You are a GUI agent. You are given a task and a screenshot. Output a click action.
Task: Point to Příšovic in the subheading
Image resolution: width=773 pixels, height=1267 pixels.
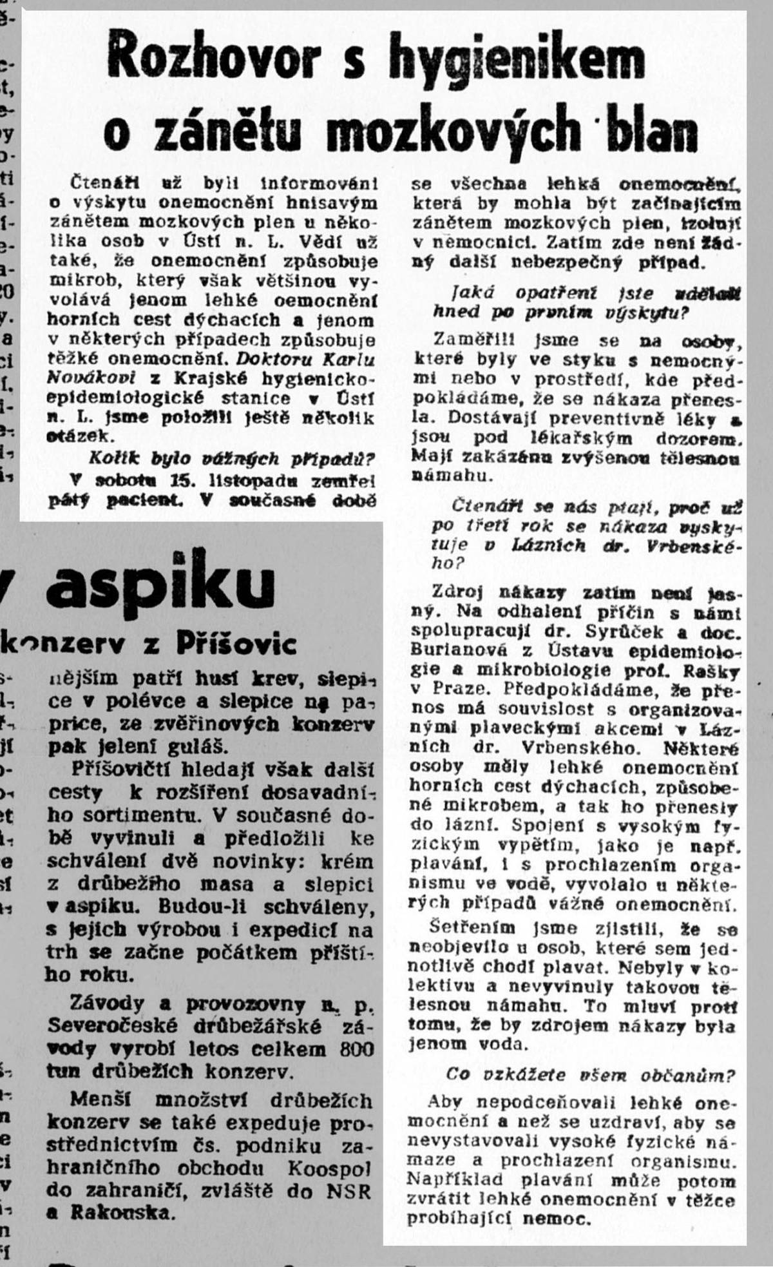pyautogui.click(x=236, y=644)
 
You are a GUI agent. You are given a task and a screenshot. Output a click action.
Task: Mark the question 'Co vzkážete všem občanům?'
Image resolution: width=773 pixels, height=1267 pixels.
pyautogui.click(x=591, y=1076)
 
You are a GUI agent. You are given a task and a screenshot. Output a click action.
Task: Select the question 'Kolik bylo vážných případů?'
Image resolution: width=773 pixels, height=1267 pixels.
pyautogui.click(x=233, y=459)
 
